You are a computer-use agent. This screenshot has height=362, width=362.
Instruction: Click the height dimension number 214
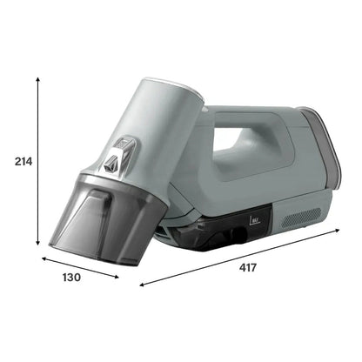pos(17,161)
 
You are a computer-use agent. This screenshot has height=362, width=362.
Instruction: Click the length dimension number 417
pos(247,267)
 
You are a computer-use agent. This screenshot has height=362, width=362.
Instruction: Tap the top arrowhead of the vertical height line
pos(38,78)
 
